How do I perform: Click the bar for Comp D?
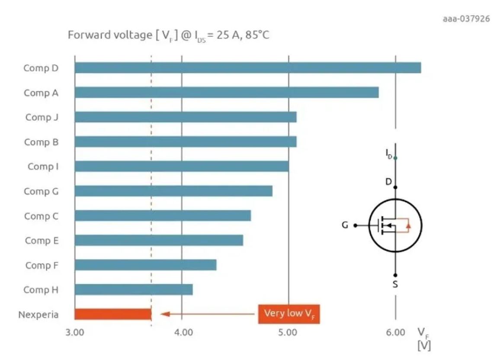coord(247,68)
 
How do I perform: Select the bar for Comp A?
coord(226,93)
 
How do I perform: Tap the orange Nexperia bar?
coord(112,314)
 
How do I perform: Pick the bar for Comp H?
coord(133,289)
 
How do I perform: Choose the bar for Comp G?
coord(173,191)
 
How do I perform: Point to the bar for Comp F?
coord(145,265)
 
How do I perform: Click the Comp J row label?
coord(42,117)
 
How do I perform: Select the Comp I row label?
coord(43,167)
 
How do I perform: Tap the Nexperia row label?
coord(38,315)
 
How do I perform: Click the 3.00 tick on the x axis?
coord(74,333)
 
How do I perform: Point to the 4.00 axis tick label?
coord(182,333)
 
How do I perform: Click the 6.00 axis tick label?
coord(395,333)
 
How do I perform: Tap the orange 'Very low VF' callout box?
coord(288,314)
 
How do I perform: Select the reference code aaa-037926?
coord(466,19)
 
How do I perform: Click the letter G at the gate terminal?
coord(345,225)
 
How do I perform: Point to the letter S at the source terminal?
coord(395,284)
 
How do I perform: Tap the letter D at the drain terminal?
coord(388,182)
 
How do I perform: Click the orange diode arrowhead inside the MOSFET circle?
coord(409,226)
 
